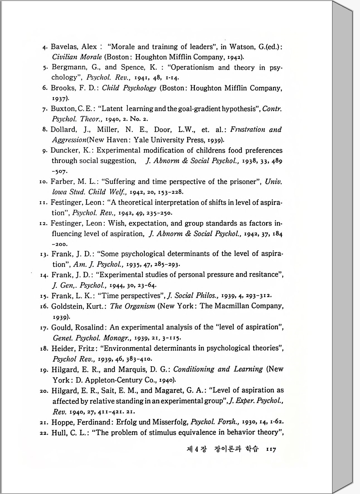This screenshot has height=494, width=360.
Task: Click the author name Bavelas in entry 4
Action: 64,47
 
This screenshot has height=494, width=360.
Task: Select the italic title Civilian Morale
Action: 77,57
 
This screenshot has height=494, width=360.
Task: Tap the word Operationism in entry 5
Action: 192,67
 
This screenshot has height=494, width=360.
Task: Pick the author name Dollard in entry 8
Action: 63,130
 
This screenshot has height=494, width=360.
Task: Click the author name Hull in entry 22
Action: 58,433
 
